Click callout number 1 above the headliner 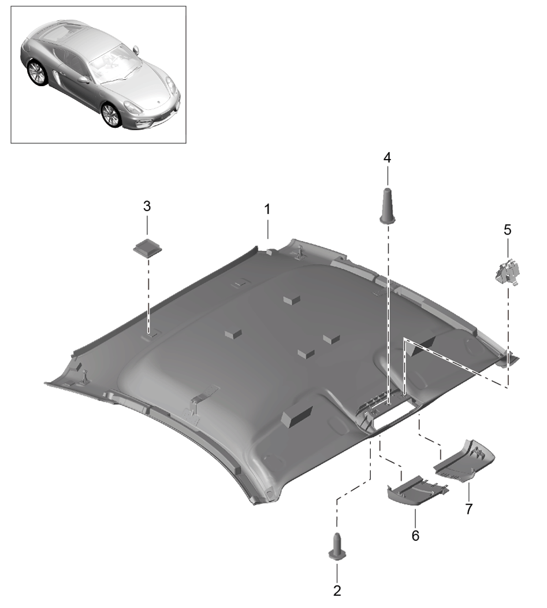coord(267,209)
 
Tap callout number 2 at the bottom coord(337,591)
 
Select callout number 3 coord(147,206)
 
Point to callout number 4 coord(387,157)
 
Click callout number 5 coord(508,230)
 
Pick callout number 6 coord(415,536)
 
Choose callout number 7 coord(469,509)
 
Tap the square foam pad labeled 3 coord(148,247)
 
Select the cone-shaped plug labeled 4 coord(388,206)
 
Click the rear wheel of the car coord(38,73)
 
